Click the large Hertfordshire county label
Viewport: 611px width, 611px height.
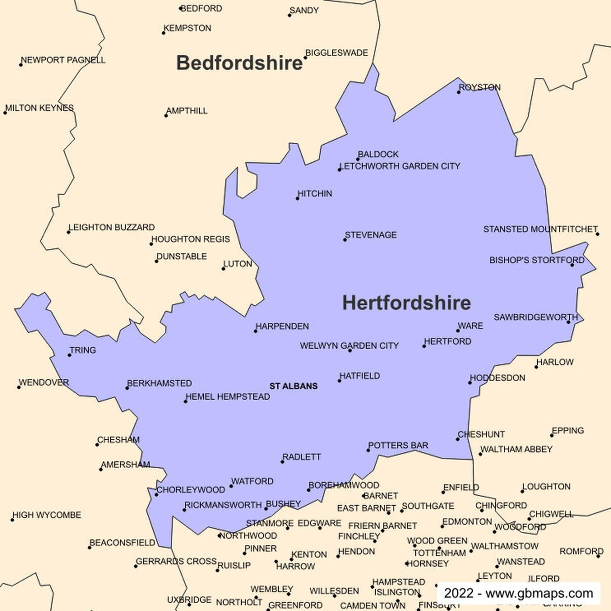tap(406, 303)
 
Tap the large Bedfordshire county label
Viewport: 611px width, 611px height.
tap(239, 63)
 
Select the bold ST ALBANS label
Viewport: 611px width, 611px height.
tap(293, 386)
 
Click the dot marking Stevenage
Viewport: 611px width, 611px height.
tap(345, 240)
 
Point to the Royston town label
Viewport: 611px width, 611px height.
tap(479, 87)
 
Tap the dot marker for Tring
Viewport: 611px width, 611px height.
tap(69, 355)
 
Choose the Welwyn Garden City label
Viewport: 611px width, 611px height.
tap(349, 345)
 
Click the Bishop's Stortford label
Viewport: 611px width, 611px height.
tap(537, 260)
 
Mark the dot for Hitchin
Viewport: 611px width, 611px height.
tap(298, 199)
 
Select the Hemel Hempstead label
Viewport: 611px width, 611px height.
tap(228, 396)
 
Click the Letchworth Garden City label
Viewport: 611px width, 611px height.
tap(400, 166)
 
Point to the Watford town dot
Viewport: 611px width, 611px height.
tap(231, 486)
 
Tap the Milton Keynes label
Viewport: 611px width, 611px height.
tap(39, 108)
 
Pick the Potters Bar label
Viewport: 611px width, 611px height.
tap(398, 445)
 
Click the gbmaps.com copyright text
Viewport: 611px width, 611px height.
tap(518, 593)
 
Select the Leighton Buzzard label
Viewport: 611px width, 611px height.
tap(111, 227)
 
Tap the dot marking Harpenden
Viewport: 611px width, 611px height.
tap(255, 331)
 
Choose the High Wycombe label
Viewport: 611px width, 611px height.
tap(47, 515)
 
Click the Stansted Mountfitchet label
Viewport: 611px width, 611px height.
tap(540, 229)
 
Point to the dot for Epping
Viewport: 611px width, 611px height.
tap(552, 435)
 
